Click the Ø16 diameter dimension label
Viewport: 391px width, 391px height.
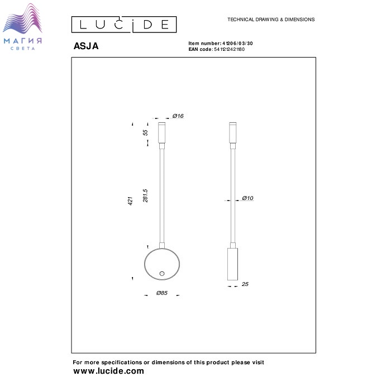point(178,116)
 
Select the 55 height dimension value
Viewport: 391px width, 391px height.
point(145,132)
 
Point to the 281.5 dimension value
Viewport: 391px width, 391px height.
point(145,195)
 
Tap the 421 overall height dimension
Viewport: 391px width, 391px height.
point(130,201)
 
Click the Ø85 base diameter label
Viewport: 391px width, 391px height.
point(162,293)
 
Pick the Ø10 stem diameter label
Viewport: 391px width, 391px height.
point(247,198)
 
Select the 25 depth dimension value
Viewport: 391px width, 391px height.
point(245,284)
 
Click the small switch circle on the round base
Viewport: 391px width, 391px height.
point(162,274)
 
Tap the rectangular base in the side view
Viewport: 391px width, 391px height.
point(232,264)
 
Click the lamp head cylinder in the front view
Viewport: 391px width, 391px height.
point(161,133)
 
